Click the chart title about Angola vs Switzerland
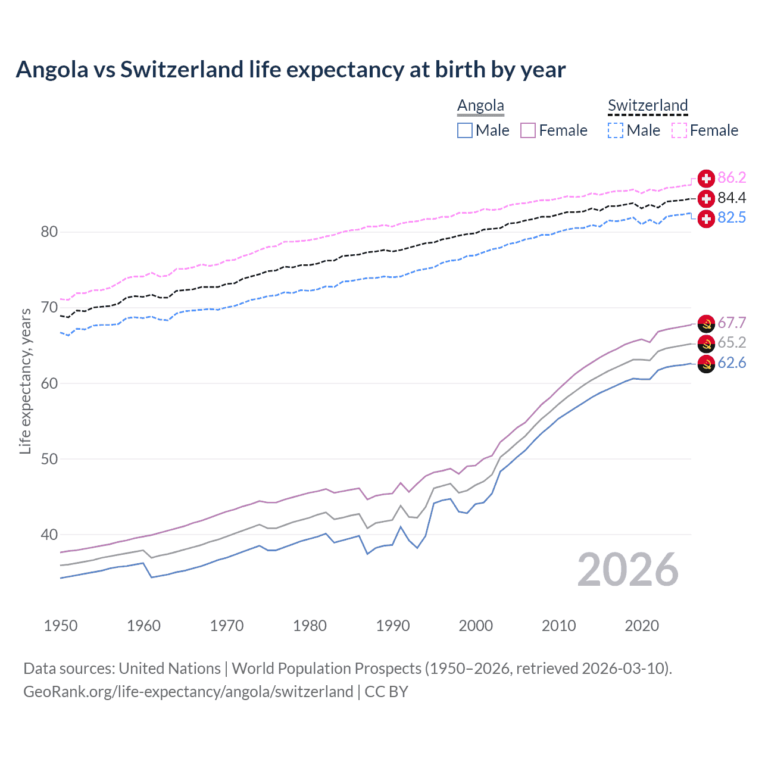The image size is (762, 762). [291, 70]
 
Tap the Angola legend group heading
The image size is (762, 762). [480, 105]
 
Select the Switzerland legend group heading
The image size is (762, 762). [648, 105]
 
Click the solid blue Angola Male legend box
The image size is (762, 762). [465, 130]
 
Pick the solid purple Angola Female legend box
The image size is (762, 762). [528, 130]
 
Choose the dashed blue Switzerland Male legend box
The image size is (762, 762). [616, 130]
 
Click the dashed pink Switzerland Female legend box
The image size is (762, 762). [679, 130]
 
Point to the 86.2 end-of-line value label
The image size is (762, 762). [732, 177]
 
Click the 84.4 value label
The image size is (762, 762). [732, 198]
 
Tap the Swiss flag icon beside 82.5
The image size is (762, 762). [706, 218]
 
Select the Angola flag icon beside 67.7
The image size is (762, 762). [706, 323]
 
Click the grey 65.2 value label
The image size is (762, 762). [732, 342]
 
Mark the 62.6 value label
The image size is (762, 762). [732, 363]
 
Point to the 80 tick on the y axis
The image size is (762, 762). [49, 232]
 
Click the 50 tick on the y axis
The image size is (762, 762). [49, 459]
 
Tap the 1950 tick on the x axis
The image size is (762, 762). [61, 626]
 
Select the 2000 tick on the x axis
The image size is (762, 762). [476, 626]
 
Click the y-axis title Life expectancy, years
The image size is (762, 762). [25, 381]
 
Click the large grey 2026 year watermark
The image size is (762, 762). [628, 570]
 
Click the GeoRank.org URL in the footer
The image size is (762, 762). [188, 691]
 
